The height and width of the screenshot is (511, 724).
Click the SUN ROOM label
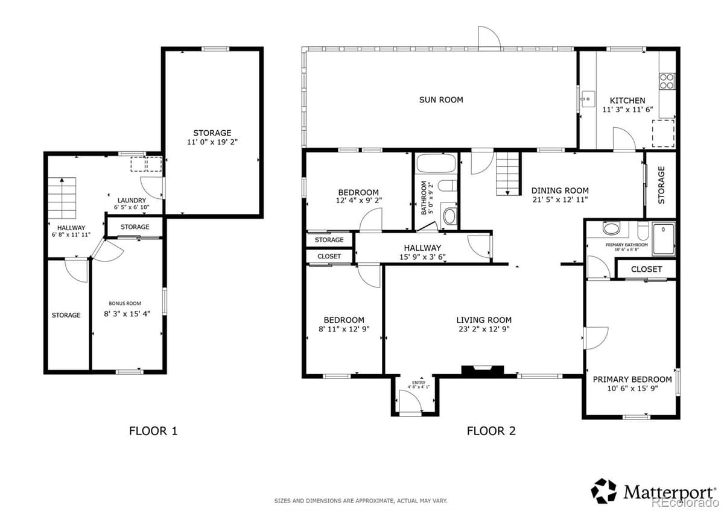441,99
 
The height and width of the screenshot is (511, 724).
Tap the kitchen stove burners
667,81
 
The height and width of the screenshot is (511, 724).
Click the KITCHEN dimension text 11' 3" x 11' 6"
627,110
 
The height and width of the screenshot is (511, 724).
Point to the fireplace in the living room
482,371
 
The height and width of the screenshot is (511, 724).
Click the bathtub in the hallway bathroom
436,165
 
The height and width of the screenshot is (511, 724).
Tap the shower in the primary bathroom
663,238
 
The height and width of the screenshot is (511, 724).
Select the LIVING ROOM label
483,320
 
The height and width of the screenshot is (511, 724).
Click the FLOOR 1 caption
153,431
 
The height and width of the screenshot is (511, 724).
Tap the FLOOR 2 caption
491,431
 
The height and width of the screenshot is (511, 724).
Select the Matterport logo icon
603,491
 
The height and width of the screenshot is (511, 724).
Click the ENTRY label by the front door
418,383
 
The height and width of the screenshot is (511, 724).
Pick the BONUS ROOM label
125,303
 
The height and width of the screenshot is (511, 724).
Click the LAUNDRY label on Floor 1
131,201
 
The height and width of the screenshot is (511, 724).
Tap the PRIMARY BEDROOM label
632,379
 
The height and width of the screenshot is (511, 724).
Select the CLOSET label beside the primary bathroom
646,269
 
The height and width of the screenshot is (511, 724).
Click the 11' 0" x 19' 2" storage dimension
212,142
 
